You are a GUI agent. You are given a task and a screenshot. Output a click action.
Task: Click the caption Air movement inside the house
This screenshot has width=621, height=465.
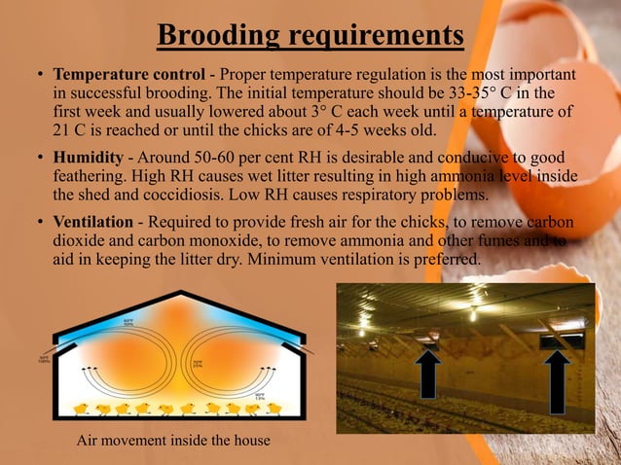(173, 443)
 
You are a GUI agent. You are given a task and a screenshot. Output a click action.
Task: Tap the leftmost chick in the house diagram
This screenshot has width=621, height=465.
(82, 409)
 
